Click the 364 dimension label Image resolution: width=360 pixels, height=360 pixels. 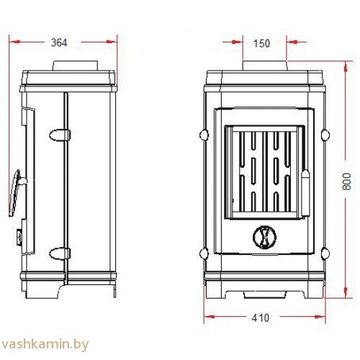pyautogui.click(x=59, y=42)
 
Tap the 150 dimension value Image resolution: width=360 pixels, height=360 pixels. pyautogui.click(x=261, y=43)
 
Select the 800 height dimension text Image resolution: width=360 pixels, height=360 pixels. pyautogui.click(x=346, y=181)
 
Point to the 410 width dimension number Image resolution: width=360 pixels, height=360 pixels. pyautogui.click(x=261, y=318)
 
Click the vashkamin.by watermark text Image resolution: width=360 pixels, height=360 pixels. pyautogui.click(x=45, y=344)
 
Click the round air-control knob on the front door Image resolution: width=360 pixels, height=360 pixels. pyautogui.click(x=264, y=237)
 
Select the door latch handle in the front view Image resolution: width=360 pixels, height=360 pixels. pyautogui.click(x=305, y=192)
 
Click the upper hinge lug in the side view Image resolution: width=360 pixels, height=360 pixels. pyautogui.click(x=60, y=135)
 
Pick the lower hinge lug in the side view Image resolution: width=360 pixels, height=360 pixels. pyautogui.click(x=60, y=253)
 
